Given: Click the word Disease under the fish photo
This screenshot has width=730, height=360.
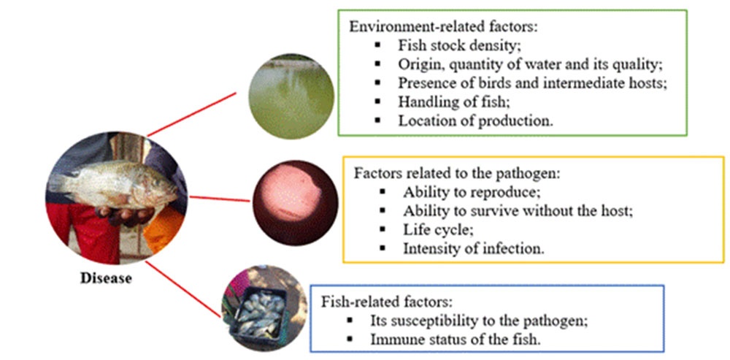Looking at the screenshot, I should [106, 278].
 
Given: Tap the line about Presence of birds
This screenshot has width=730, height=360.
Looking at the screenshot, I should [531, 83].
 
